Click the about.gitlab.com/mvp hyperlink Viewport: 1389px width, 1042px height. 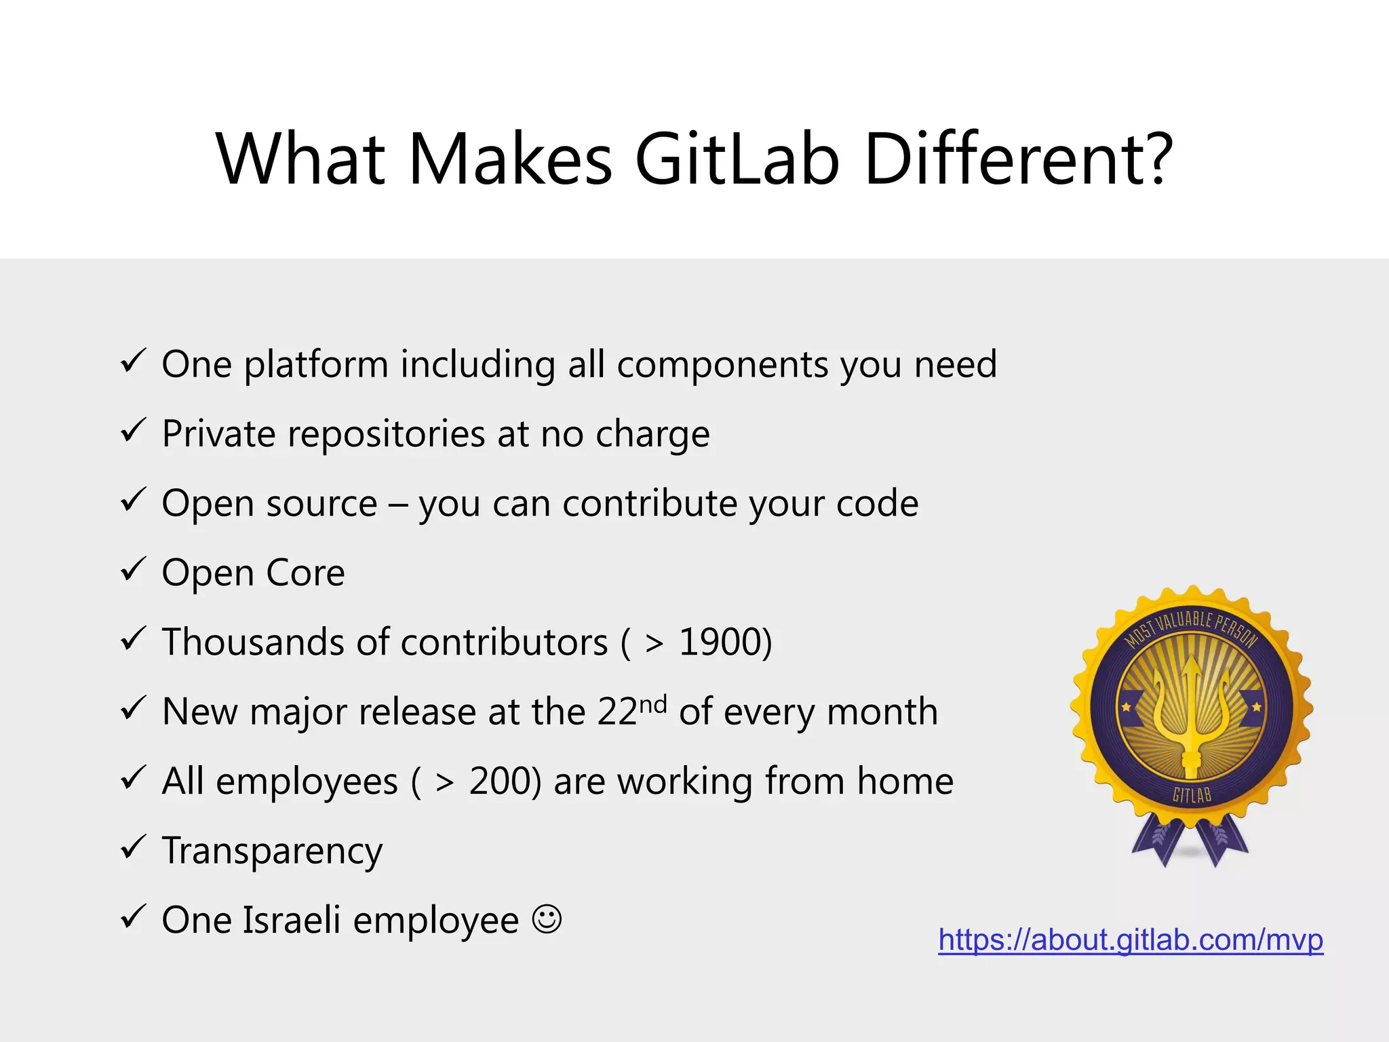click(1131, 940)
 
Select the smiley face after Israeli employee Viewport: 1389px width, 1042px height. click(547, 919)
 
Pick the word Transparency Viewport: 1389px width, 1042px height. click(272, 851)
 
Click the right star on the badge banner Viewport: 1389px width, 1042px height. click(1256, 707)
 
